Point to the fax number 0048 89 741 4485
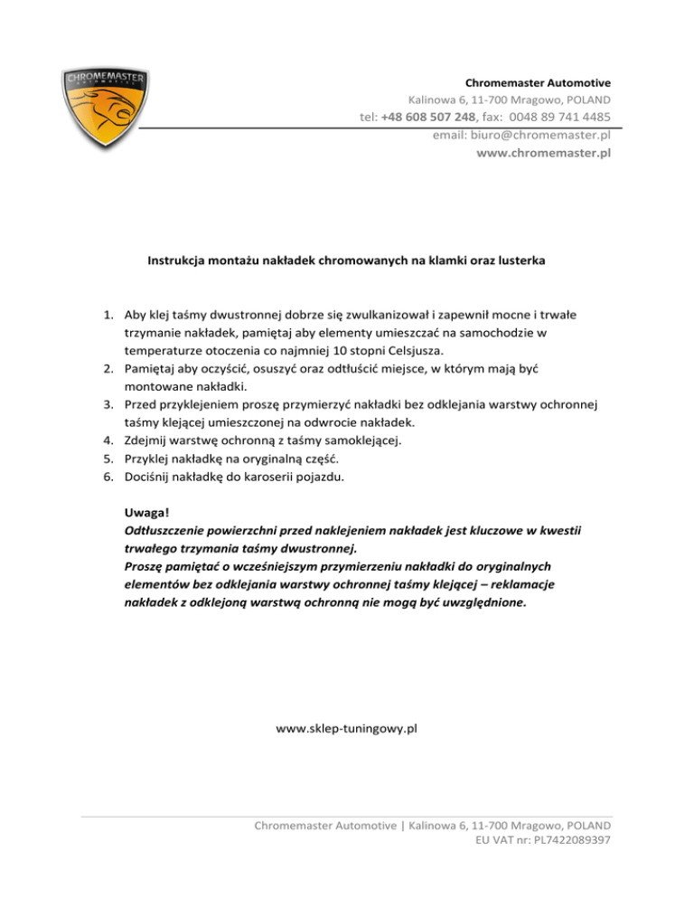click(x=559, y=117)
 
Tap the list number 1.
click(x=106, y=316)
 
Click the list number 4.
click(x=106, y=440)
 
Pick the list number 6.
click(x=106, y=476)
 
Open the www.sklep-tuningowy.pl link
click(x=346, y=726)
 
